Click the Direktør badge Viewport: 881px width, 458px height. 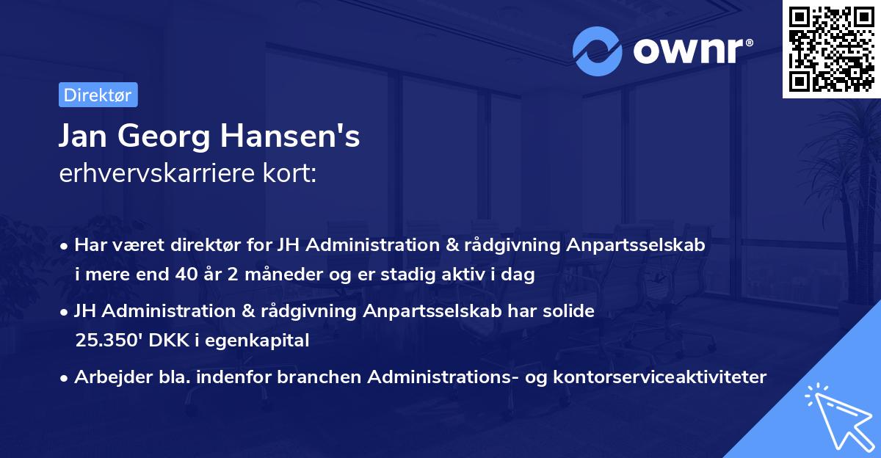(98, 95)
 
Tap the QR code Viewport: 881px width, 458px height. (830, 48)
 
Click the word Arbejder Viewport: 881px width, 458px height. (106, 377)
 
